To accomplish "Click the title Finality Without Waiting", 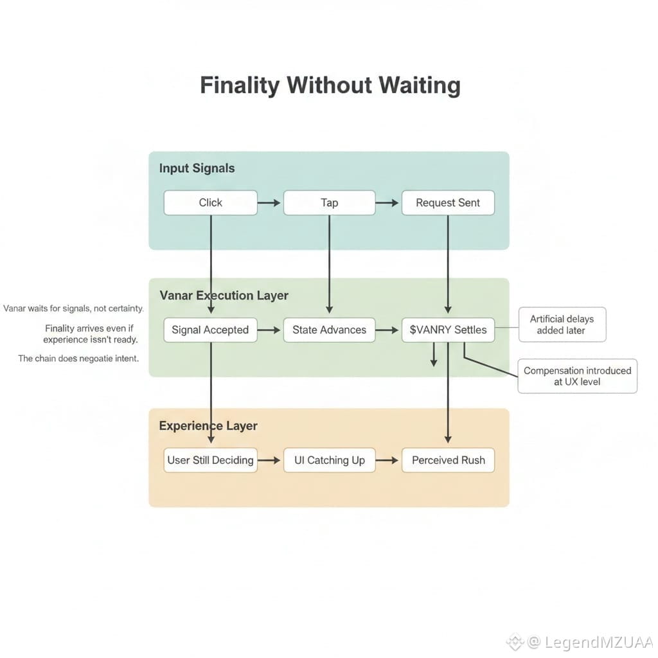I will (x=330, y=85).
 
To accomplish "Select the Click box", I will (x=210, y=202).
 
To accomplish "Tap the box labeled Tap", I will (x=329, y=202).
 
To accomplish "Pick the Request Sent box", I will (x=448, y=202).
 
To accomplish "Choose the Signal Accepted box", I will (x=210, y=330).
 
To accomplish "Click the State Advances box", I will (x=329, y=330).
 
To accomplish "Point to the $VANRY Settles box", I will (x=448, y=330).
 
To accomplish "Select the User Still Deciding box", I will (x=210, y=460).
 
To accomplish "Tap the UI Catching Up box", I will (x=329, y=460).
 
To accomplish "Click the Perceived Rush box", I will (x=448, y=460).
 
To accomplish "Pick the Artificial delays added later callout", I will (x=562, y=325).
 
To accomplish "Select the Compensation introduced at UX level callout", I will (x=577, y=376).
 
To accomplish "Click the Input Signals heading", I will (x=197, y=168).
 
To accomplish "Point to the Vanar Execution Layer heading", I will (x=224, y=296).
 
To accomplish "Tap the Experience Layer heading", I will (x=208, y=425).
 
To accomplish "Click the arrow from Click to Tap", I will (x=270, y=203).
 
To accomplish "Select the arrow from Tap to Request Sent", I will (x=388, y=203).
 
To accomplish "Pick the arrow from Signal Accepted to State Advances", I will (x=270, y=330).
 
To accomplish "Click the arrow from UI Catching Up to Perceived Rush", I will (x=388, y=461).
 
